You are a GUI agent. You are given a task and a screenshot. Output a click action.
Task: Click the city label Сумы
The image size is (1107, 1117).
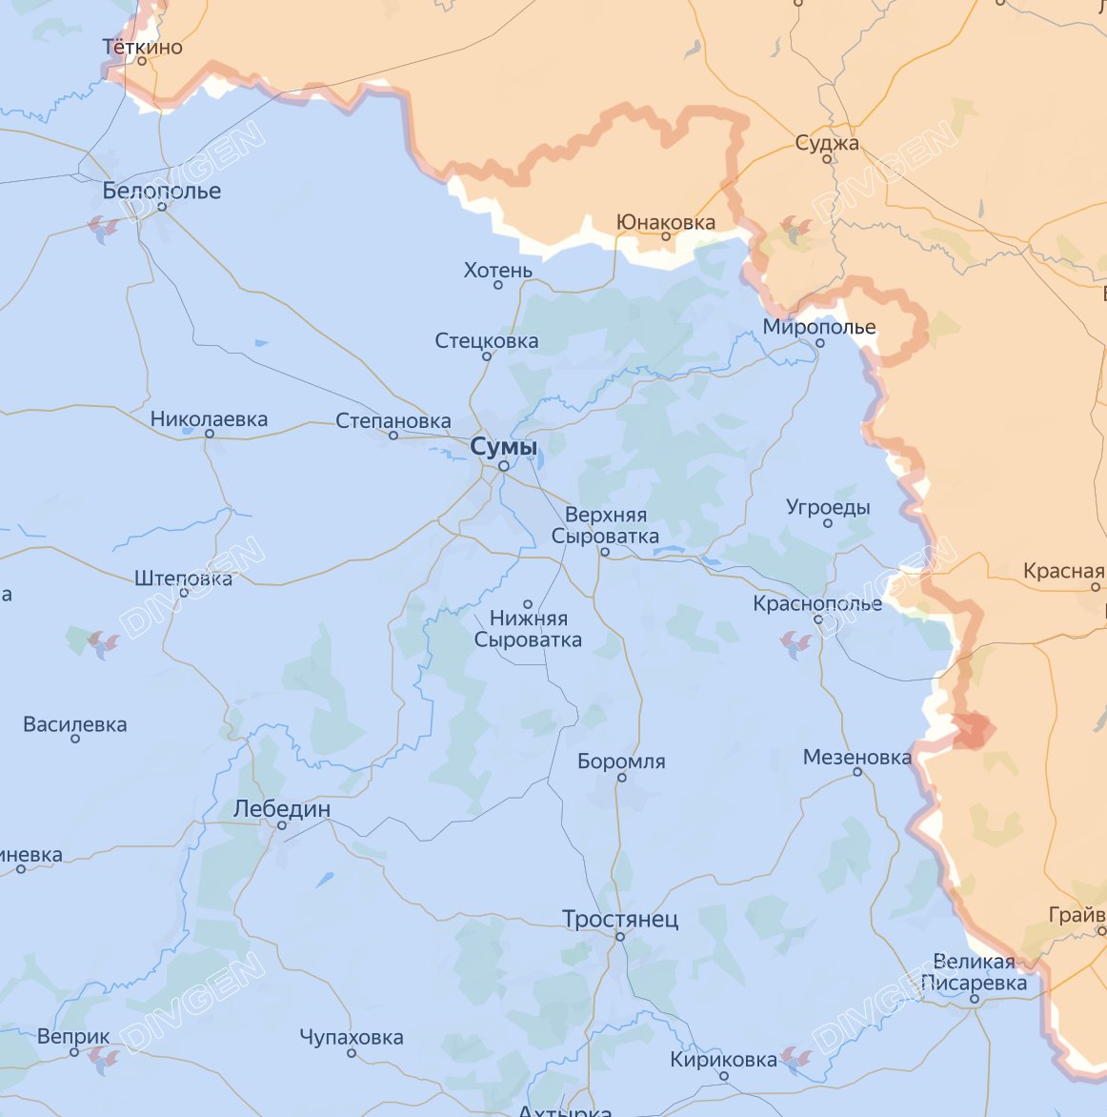pos(503,447)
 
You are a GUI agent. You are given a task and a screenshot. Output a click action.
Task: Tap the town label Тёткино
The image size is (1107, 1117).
pos(142,47)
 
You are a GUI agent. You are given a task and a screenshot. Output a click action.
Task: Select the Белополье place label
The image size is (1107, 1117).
pos(161,191)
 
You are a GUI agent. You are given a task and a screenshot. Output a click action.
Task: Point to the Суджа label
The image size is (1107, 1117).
pos(827,143)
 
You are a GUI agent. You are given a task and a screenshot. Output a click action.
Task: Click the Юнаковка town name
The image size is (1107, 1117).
pos(665,222)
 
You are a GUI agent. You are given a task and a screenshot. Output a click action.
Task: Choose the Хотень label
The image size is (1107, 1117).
pos(497,271)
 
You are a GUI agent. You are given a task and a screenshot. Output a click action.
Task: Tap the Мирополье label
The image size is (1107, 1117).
pos(818,327)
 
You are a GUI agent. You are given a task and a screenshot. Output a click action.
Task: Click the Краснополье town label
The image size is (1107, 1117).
pos(816,603)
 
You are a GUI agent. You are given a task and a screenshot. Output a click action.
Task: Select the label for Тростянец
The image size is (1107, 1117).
pos(619,920)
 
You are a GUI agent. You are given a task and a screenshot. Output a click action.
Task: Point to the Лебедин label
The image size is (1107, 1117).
pos(282,809)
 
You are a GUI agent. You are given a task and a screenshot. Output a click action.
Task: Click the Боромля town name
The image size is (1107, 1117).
pos(621,762)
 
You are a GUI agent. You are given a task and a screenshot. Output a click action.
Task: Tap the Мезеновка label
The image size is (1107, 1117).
pos(856,757)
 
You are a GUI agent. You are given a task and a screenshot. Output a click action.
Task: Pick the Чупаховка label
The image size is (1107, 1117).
pos(351,1037)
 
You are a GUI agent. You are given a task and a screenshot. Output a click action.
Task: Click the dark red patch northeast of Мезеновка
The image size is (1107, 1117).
pos(973,731)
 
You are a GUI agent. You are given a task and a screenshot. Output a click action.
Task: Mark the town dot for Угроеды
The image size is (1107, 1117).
pos(828,523)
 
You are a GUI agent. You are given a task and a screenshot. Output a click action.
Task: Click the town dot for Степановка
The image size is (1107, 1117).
pos(393,436)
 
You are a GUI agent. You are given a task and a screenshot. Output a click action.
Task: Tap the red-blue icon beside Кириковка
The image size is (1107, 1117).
pos(795,1057)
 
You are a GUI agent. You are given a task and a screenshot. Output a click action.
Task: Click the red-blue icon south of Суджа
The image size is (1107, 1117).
pos(795,228)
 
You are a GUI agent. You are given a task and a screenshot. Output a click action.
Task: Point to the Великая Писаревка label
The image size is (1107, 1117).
pos(974,971)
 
